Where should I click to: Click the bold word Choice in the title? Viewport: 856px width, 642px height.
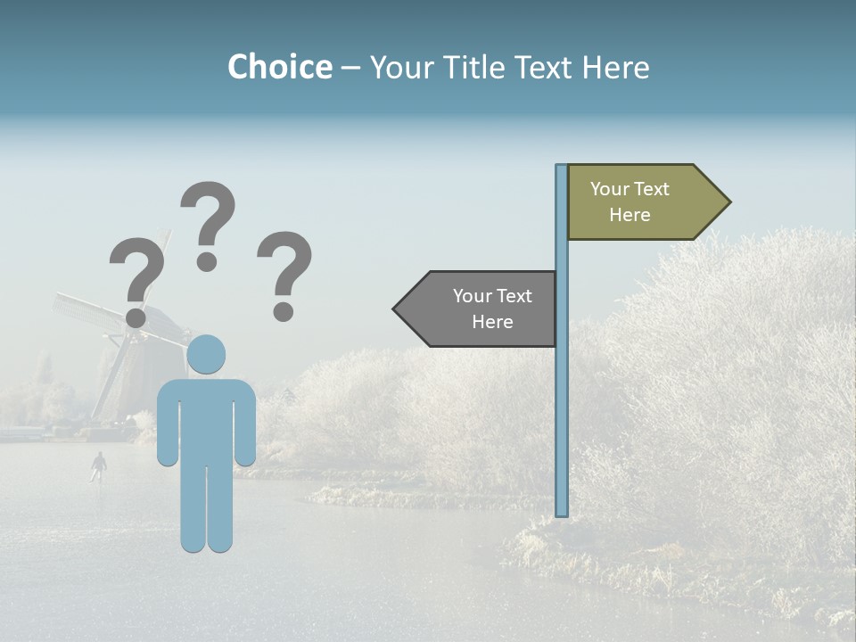click(279, 67)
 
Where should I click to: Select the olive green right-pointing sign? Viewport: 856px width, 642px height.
click(638, 202)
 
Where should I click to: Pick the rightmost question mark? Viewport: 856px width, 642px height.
click(284, 272)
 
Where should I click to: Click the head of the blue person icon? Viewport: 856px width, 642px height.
click(207, 354)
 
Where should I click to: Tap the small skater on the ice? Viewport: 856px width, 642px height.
click(98, 465)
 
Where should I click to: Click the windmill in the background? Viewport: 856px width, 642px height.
click(125, 348)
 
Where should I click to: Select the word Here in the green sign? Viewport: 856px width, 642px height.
click(630, 215)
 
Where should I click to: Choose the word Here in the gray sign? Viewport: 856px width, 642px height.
click(492, 322)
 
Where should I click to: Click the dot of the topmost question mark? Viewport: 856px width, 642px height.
click(207, 261)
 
